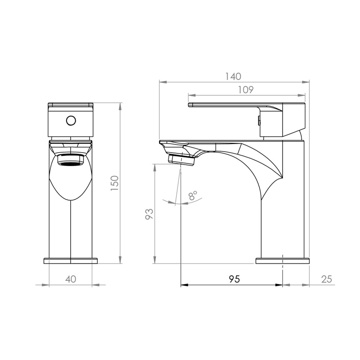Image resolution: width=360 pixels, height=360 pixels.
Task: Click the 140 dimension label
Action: click(x=233, y=76)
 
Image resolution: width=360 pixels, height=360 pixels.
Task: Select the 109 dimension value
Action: click(x=245, y=90)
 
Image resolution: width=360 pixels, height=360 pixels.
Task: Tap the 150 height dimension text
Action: click(x=115, y=183)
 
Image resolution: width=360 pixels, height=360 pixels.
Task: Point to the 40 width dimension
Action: click(x=71, y=279)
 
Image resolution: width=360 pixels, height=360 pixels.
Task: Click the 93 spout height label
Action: click(x=149, y=214)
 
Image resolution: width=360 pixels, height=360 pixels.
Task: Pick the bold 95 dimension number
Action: click(x=234, y=279)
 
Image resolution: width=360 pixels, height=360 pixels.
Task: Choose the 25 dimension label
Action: click(x=327, y=279)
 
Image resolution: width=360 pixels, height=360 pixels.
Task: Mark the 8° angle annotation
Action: click(x=193, y=195)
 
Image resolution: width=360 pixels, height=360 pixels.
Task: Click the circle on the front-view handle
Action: click(x=71, y=121)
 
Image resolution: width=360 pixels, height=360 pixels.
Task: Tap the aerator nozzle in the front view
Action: click(x=71, y=160)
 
